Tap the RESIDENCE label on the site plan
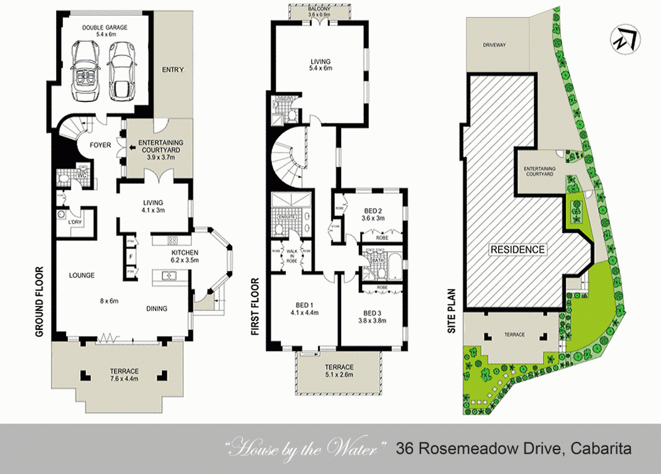517,249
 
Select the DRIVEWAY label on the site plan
494,45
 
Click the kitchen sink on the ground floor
168,275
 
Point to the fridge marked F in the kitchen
131,257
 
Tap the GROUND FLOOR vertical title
39,302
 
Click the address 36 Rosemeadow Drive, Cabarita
513,449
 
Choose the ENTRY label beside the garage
172,69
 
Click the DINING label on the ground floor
157,308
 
